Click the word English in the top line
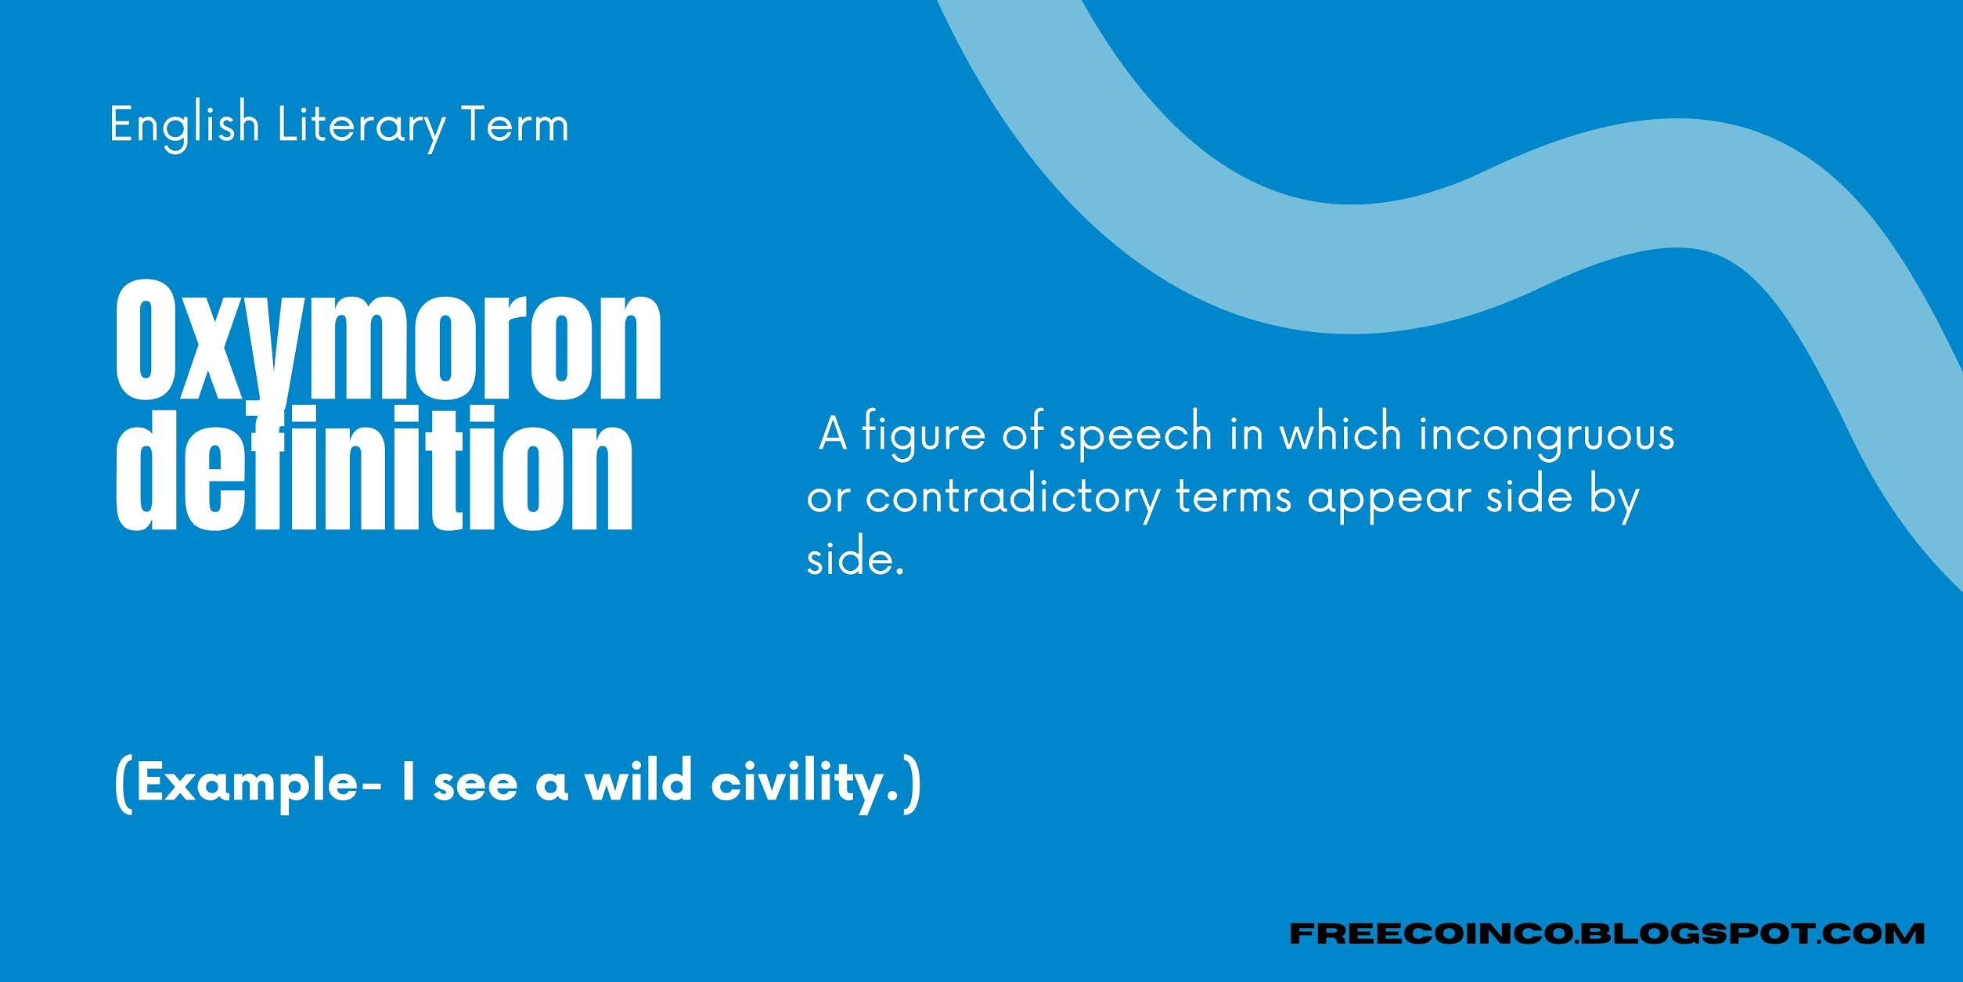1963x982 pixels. coord(184,125)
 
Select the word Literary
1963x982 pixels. coord(361,125)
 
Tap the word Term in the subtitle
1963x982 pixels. coord(515,125)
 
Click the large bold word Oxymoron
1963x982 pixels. coord(389,341)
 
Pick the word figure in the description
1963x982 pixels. coord(924,434)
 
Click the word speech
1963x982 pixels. coord(1136,434)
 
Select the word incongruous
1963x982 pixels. coord(1547,434)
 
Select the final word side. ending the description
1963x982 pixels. coord(855,560)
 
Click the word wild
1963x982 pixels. coord(638,782)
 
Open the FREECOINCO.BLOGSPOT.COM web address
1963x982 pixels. coord(1606,933)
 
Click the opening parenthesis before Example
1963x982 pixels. coord(123,785)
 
